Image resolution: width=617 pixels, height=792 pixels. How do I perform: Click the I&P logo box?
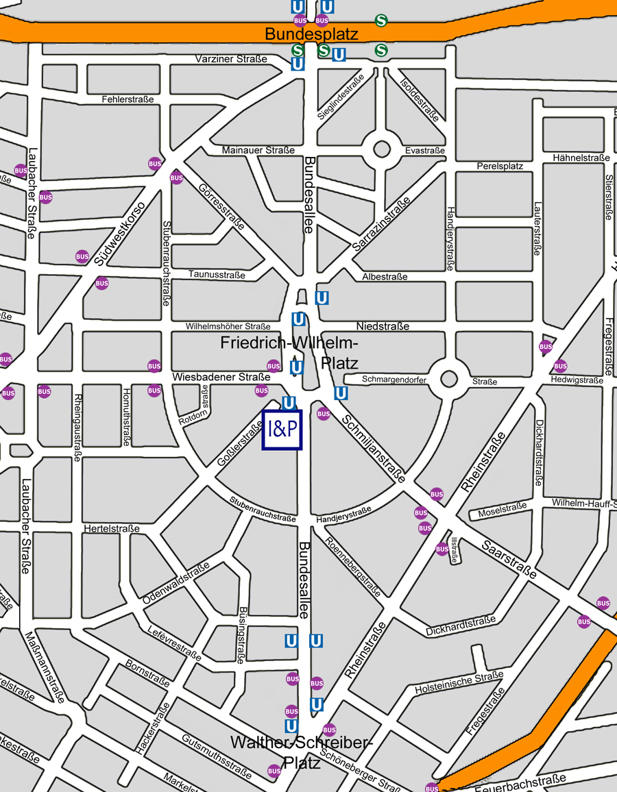click(282, 430)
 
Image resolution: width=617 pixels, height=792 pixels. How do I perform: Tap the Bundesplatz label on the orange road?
click(311, 34)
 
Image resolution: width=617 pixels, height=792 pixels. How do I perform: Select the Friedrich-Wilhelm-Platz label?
click(289, 352)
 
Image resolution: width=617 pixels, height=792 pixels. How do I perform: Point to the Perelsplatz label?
click(500, 166)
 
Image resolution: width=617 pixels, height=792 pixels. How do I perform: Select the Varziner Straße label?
click(231, 60)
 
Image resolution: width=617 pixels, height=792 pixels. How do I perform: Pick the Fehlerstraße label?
click(128, 99)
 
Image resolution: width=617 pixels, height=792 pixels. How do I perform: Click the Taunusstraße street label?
click(217, 275)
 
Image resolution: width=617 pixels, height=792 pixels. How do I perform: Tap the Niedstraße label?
click(383, 326)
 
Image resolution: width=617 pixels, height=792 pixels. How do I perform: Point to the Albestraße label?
click(385, 277)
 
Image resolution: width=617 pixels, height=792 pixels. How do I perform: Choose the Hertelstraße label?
click(112, 529)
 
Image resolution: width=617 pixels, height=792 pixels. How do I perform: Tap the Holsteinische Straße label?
click(459, 682)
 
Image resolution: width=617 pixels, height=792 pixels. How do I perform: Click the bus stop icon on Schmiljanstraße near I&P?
click(324, 414)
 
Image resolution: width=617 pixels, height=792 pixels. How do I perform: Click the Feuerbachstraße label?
click(520, 782)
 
